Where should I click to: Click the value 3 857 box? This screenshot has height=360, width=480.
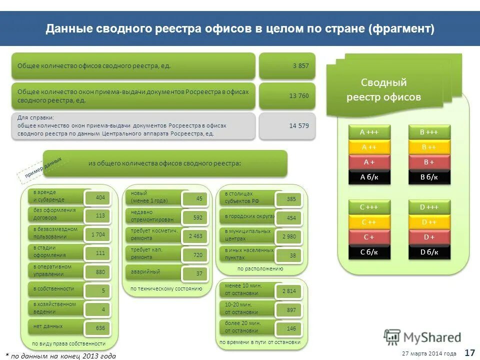[287, 65]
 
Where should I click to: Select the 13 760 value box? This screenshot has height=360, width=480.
[287, 95]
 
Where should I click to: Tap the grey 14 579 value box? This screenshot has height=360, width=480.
[287, 125]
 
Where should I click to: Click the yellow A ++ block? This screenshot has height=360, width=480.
[369, 147]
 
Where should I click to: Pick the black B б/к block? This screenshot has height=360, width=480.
[429, 177]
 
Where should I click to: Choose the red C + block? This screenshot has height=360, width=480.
[369, 237]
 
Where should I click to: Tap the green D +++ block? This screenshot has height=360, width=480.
[429, 207]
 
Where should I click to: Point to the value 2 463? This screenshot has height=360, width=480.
[195, 236]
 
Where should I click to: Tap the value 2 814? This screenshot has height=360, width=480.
[288, 291]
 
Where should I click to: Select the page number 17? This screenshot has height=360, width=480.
[469, 352]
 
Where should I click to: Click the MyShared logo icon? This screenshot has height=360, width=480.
[392, 337]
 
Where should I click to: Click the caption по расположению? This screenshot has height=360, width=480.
[260, 268]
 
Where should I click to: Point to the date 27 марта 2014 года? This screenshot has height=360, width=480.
[429, 353]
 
